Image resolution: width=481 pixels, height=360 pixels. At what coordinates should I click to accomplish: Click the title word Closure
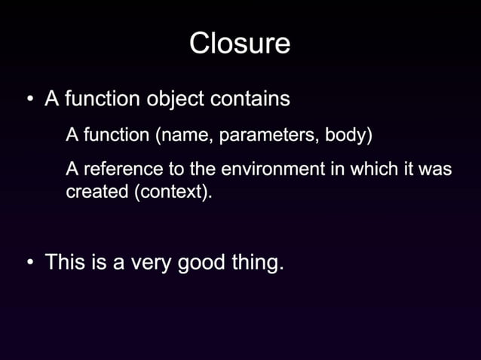tap(240, 43)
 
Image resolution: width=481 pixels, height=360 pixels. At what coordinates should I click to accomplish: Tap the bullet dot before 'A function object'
tap(29, 100)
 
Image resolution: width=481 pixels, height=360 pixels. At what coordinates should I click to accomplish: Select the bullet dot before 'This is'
tap(29, 263)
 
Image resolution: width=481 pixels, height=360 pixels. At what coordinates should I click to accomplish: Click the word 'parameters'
tap(268, 136)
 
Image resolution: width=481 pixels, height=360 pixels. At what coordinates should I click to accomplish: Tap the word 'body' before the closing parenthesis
tap(344, 136)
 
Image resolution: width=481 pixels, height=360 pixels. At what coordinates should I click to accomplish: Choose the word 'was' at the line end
tap(435, 169)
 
